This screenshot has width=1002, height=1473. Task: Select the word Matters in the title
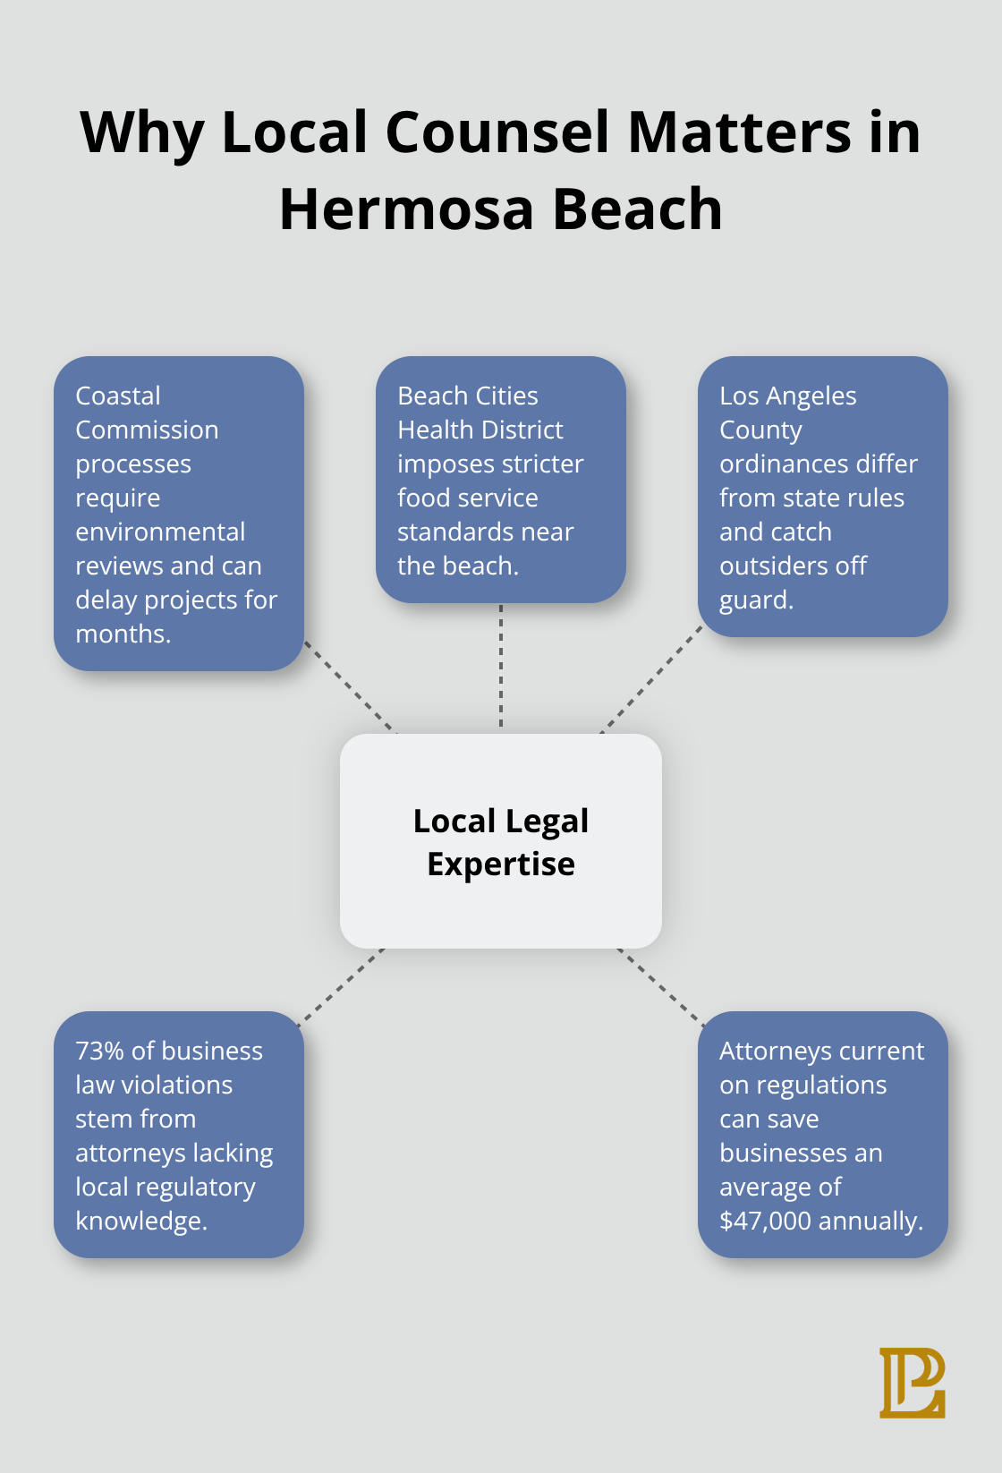pos(739,132)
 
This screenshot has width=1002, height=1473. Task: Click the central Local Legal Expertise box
pos(501,841)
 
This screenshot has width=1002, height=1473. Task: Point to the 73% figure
pos(99,1051)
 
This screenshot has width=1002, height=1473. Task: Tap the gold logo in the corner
pos(912,1383)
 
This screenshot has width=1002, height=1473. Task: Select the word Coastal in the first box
pos(118,396)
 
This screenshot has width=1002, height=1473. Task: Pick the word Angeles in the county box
pos(812,396)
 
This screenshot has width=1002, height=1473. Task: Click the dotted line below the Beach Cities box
pos(501,667)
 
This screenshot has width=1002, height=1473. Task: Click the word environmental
pos(160,532)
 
